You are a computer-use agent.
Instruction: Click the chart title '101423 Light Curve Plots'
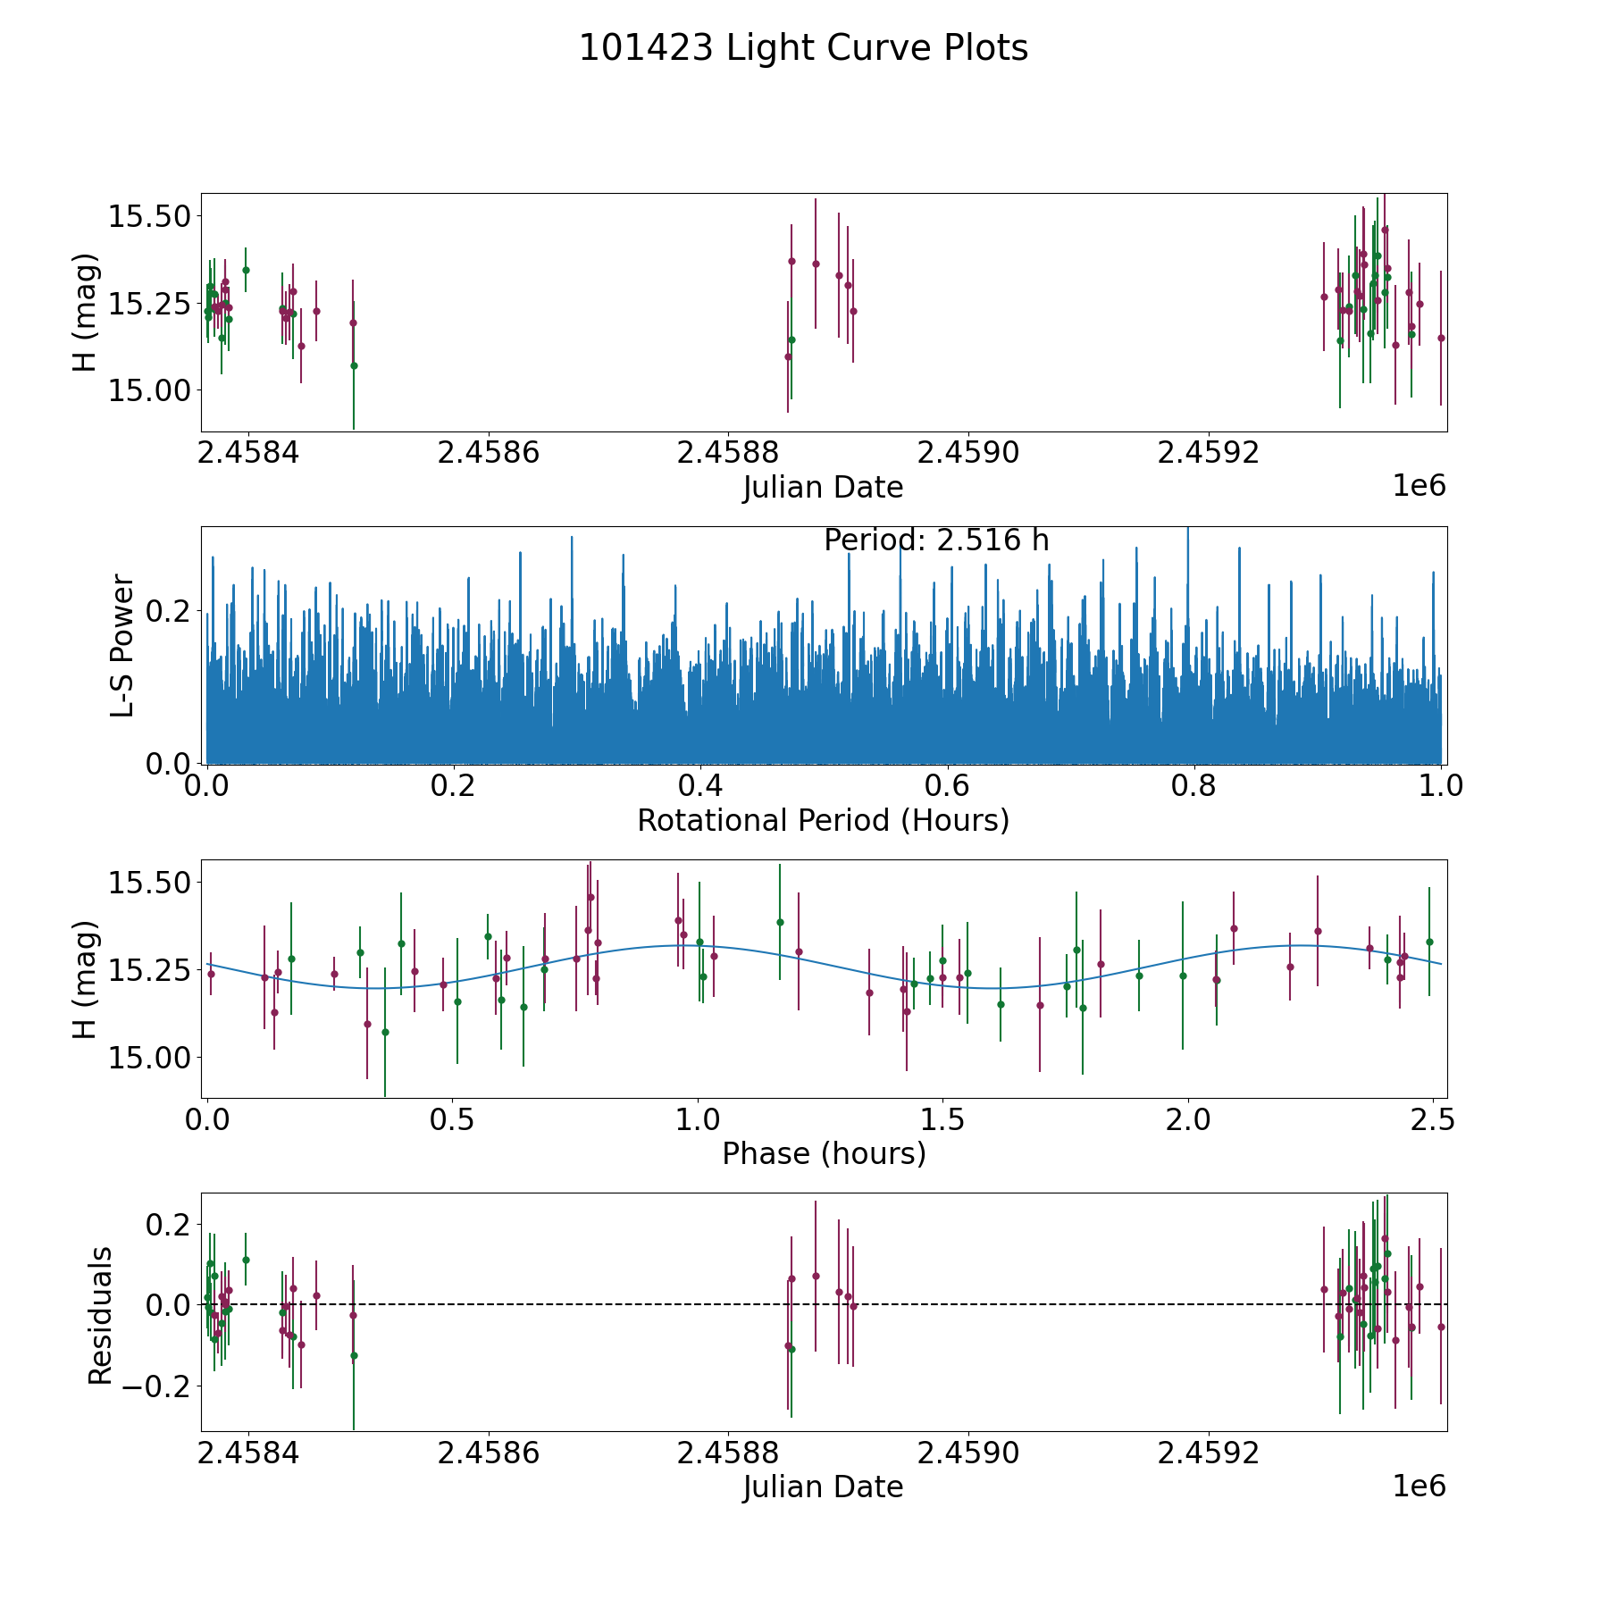click(803, 48)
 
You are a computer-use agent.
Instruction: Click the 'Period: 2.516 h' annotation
click(936, 540)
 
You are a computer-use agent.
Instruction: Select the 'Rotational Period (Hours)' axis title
click(823, 820)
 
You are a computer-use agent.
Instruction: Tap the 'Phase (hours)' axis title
click(824, 1154)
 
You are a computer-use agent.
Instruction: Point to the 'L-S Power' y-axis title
click(122, 645)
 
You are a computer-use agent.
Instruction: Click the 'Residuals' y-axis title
click(100, 1316)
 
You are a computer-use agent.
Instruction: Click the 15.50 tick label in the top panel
click(149, 216)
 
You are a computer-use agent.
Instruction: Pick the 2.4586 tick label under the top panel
click(489, 453)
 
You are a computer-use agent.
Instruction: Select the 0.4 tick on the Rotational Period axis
click(700, 786)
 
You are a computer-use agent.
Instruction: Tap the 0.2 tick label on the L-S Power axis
click(170, 611)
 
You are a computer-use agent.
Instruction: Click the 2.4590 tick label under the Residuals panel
click(968, 1453)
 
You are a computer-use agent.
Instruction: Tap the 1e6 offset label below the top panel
click(1419, 486)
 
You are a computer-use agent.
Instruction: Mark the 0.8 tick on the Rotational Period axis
click(1194, 786)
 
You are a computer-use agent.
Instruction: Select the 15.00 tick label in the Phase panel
click(149, 1058)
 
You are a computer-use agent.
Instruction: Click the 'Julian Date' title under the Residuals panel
click(823, 1487)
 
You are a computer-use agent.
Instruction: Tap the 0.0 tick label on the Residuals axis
click(170, 1305)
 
